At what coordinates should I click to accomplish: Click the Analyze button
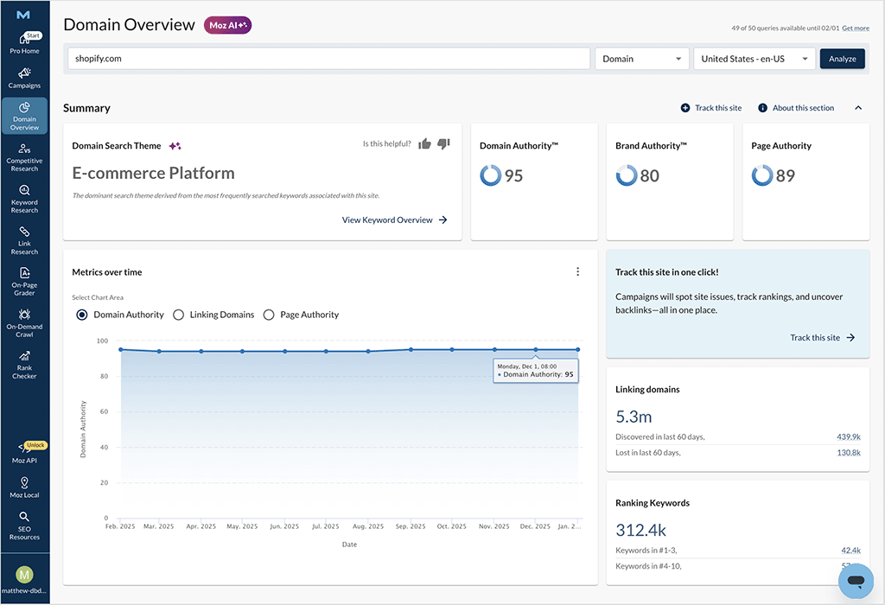tap(842, 59)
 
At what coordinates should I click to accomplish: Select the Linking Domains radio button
tap(179, 315)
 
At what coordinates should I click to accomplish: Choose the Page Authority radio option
tap(269, 315)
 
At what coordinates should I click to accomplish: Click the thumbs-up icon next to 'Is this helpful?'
tap(424, 143)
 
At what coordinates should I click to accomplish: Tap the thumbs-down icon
tap(443, 143)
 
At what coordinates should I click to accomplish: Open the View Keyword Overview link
tap(395, 220)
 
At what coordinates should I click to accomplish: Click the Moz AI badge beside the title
tap(227, 25)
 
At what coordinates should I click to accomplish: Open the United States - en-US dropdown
tap(754, 59)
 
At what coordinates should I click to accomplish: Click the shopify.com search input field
tap(328, 59)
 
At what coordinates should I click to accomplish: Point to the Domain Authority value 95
tap(513, 175)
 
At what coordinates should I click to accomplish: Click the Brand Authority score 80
tap(649, 175)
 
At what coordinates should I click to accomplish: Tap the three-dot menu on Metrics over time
tap(578, 271)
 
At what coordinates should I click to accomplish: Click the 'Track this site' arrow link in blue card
tap(822, 338)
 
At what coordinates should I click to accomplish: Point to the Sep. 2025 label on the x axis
tap(411, 525)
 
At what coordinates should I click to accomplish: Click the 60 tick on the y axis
tap(103, 411)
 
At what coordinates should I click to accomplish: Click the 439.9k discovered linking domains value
tap(849, 436)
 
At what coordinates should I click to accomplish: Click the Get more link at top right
tap(856, 29)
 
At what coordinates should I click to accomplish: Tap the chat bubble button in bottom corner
tap(856, 580)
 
